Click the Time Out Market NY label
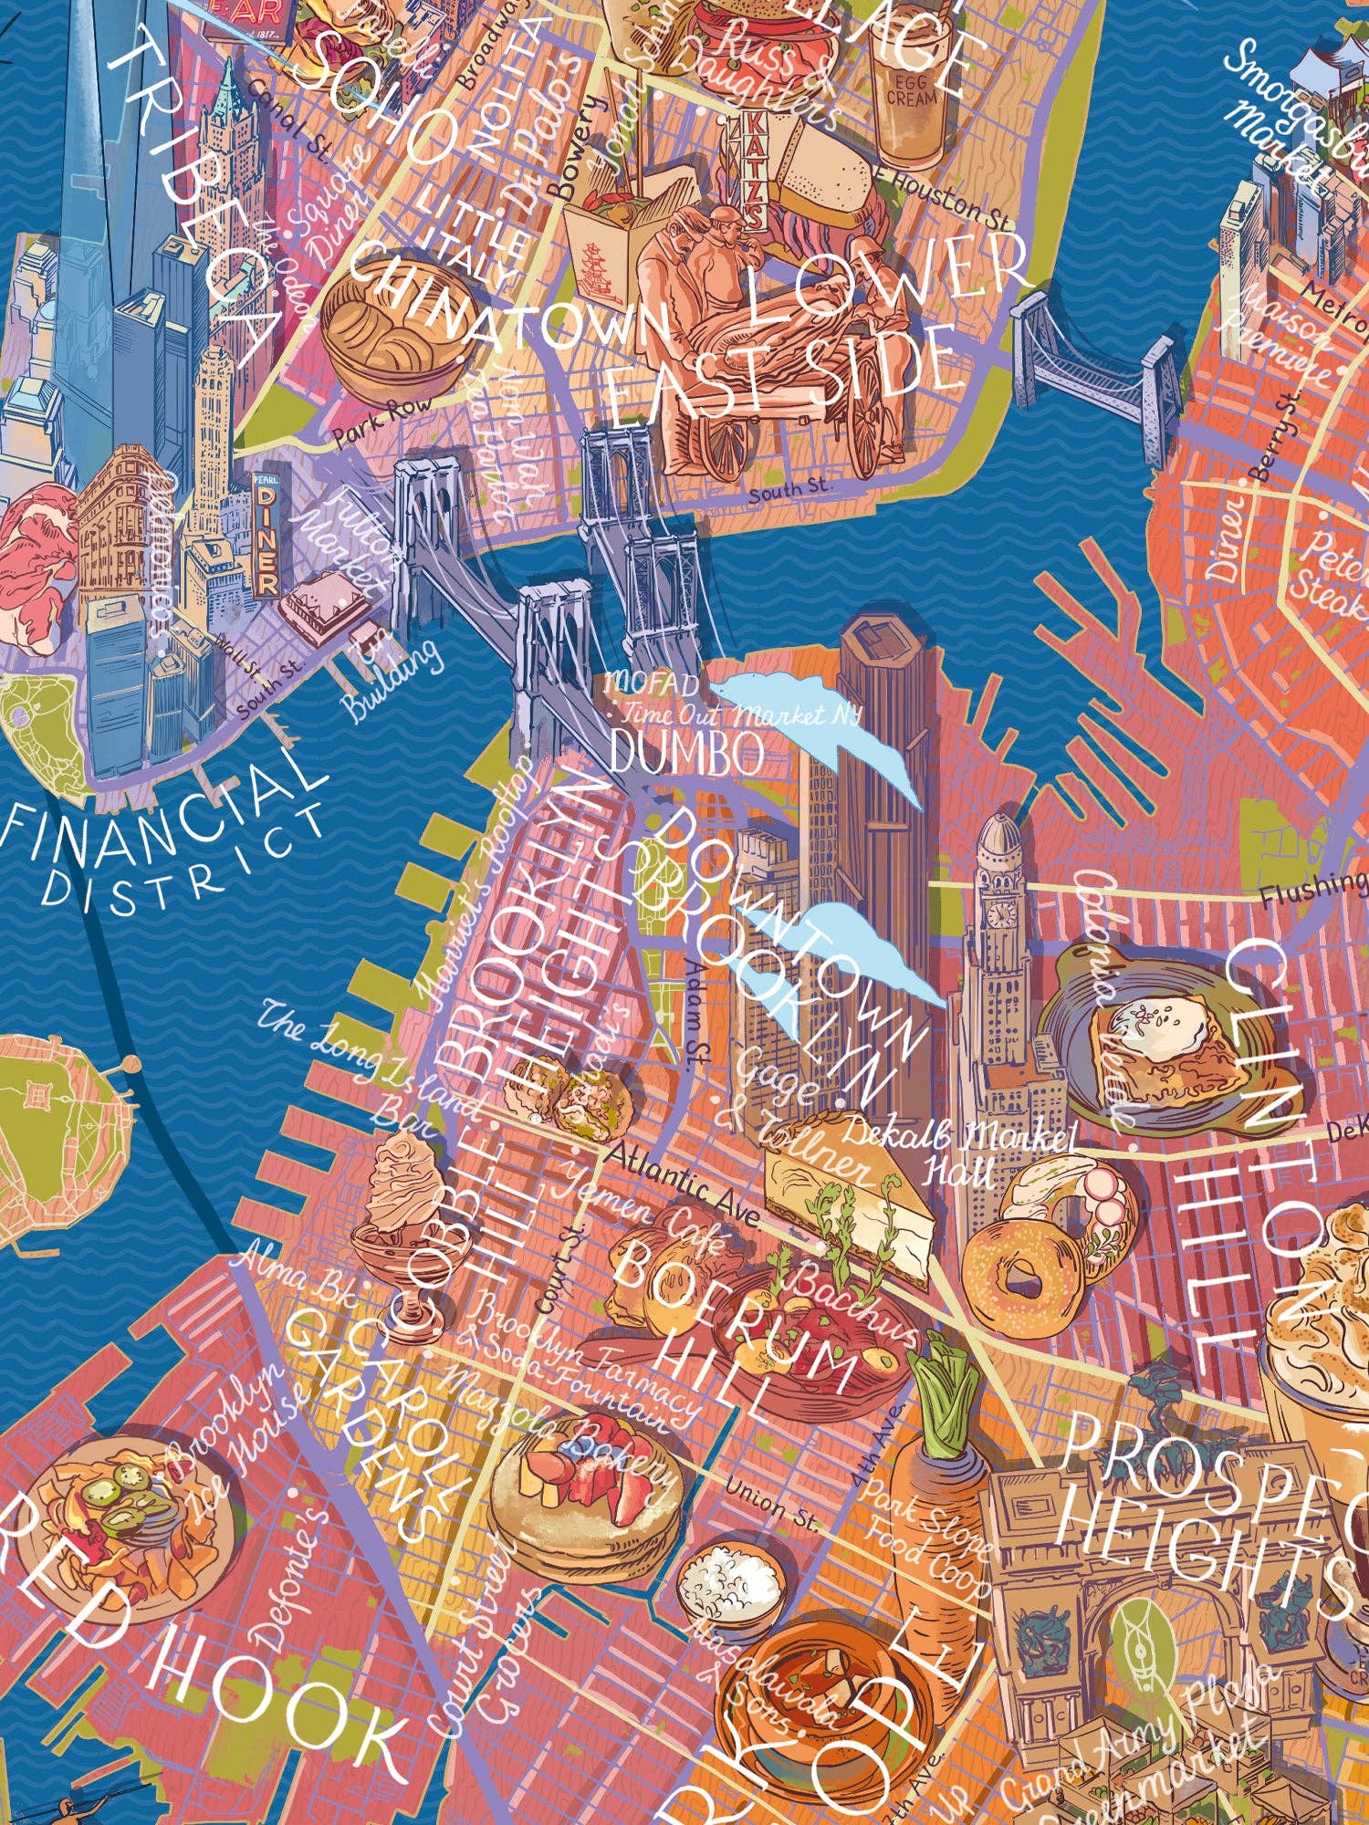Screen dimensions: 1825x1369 coord(739,713)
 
